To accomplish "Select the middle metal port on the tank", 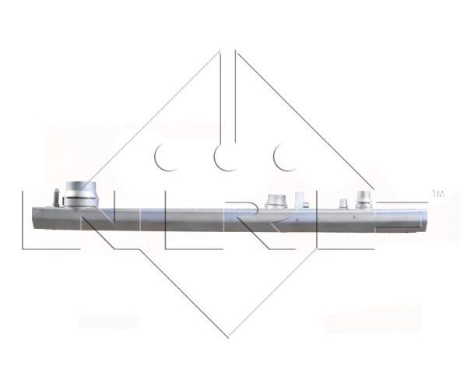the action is (x=276, y=202).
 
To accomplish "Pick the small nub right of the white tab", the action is (x=306, y=205).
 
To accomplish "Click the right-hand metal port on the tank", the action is (x=363, y=199).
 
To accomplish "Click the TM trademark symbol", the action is (x=437, y=194).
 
